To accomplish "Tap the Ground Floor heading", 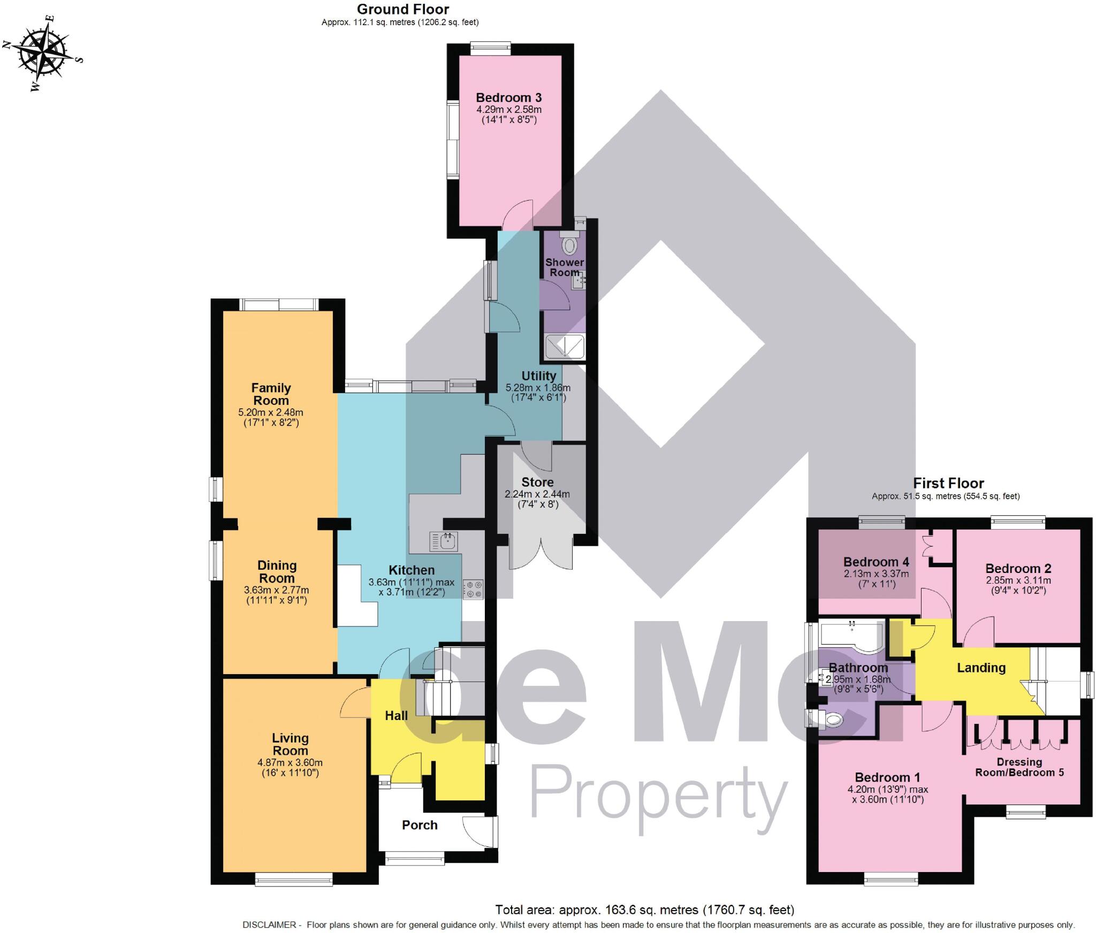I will (402, 9).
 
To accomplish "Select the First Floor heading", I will (948, 483).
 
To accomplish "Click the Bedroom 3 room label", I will (508, 97).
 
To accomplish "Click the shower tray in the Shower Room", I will (565, 346).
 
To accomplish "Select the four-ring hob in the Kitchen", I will (473, 589).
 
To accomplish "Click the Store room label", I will (537, 482).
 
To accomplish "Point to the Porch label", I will (420, 825).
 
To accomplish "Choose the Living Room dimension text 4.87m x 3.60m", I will (290, 762).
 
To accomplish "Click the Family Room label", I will (271, 394).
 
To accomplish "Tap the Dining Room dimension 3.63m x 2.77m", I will (276, 590).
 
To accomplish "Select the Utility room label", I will (538, 376).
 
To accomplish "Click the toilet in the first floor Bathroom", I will (832, 720).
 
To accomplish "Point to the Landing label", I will (981, 668).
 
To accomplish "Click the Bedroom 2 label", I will (1018, 569).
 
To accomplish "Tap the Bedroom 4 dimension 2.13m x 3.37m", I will (876, 574).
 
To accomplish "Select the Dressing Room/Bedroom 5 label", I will (1019, 767).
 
